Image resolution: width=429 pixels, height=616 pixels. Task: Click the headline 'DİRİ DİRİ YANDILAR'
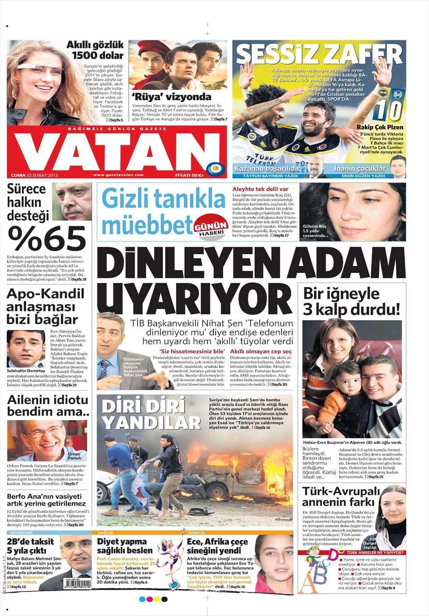click(x=151, y=414)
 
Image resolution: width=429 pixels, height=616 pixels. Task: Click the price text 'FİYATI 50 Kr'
click(x=189, y=175)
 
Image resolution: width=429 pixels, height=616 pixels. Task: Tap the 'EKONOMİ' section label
click(x=21, y=533)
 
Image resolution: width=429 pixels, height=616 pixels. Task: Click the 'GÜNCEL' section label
click(x=196, y=533)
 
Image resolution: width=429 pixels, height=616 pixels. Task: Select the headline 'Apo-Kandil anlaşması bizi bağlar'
click(x=42, y=306)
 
